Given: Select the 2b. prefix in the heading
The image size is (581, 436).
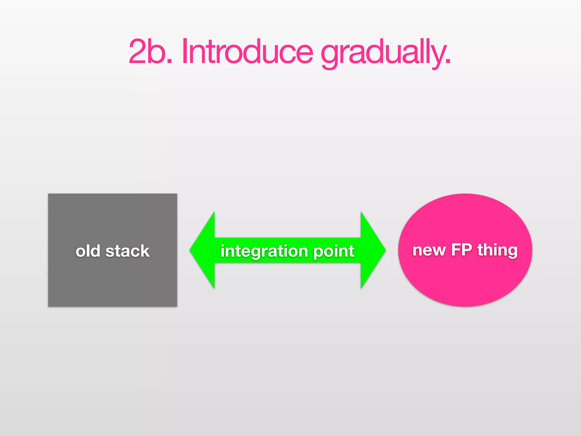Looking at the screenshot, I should point(150,52).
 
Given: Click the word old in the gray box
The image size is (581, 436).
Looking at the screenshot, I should point(88,251).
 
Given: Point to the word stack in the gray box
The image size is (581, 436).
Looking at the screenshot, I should point(127,251).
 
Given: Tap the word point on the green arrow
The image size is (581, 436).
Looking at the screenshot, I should point(334,251).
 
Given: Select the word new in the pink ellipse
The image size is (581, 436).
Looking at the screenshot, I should point(429,250).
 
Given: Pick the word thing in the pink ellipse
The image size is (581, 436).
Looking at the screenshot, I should point(497,250).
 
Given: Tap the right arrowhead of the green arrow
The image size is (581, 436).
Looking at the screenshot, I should point(373,250).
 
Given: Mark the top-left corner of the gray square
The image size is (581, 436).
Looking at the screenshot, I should point(49,194).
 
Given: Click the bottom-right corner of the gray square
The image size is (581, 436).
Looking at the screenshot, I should point(176,306).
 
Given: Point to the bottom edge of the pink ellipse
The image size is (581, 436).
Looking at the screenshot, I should point(465,306).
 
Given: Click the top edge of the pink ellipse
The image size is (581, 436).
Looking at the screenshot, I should point(465,194).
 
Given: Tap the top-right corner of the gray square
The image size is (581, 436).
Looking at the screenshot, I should point(176,194).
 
